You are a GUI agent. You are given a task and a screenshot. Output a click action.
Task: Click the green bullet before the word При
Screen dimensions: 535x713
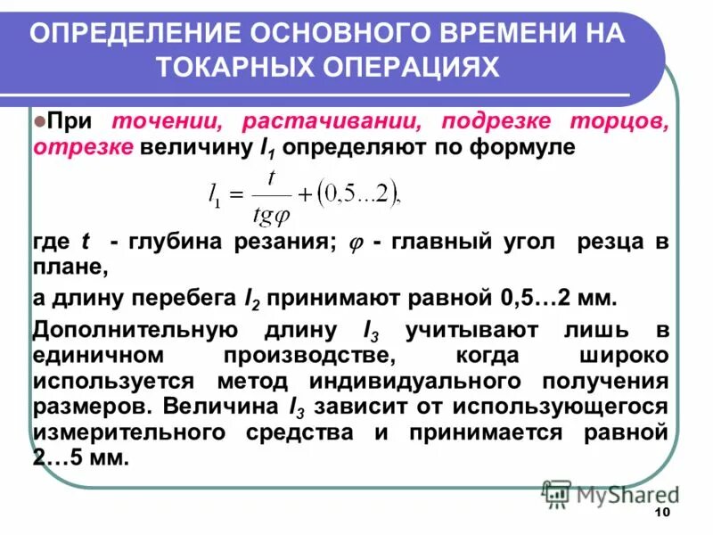[39, 121]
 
